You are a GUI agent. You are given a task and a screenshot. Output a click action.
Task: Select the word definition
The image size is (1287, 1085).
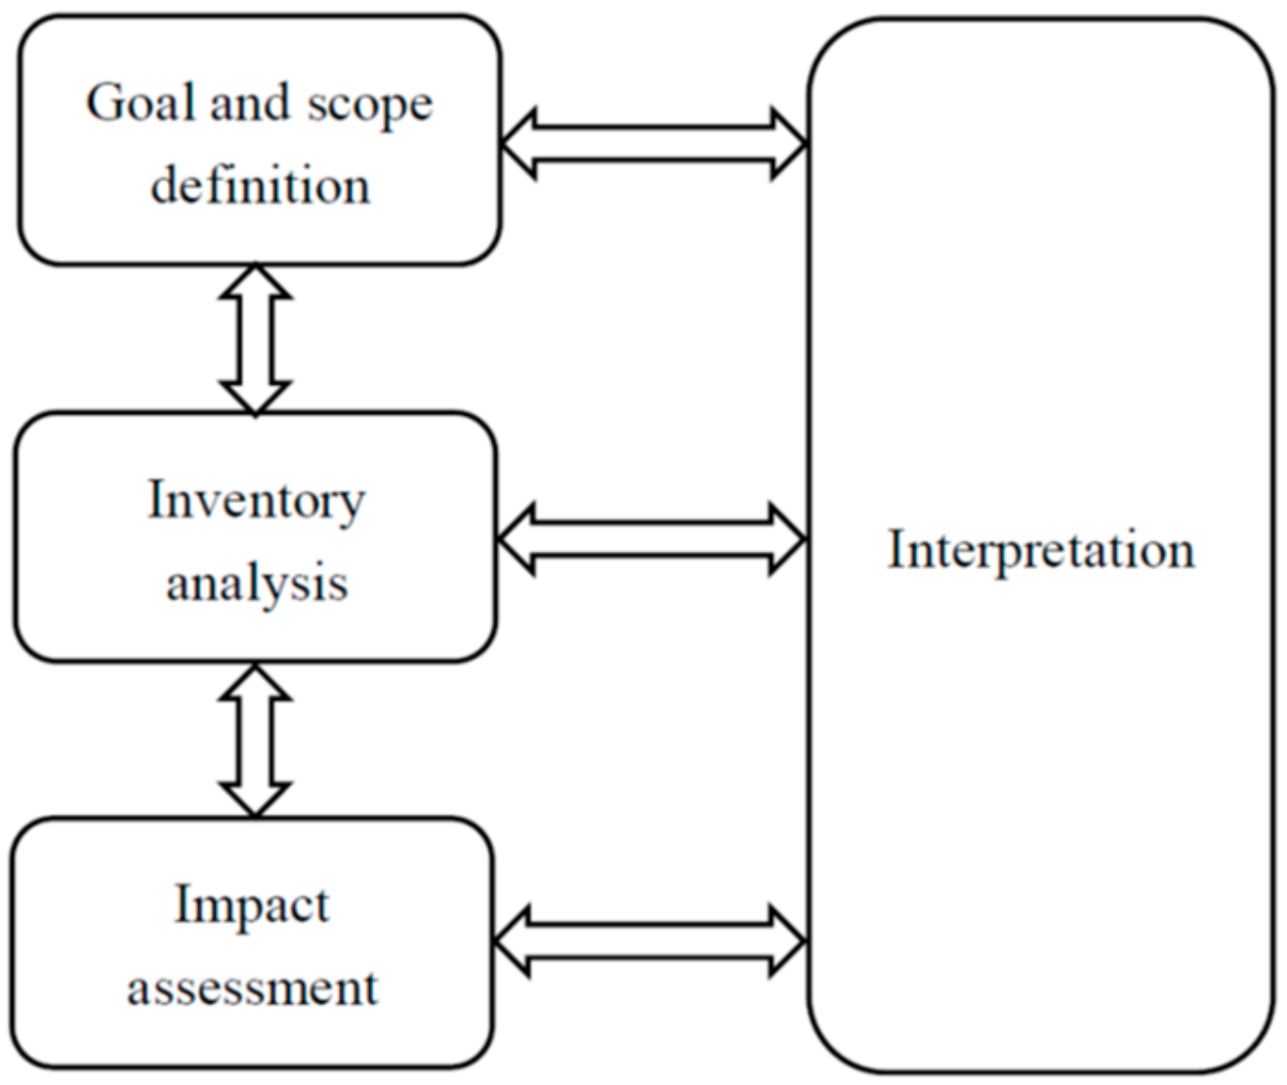coord(260,185)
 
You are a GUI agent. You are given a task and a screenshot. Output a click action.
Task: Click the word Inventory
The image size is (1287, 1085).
coord(256,500)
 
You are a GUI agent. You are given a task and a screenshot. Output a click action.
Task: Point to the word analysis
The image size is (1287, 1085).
coord(256,583)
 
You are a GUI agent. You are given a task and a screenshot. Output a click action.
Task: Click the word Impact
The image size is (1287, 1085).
coord(251,905)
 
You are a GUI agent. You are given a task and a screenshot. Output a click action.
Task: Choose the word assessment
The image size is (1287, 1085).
coord(251,987)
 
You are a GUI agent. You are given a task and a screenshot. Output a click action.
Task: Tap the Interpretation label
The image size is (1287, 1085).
coord(1040,549)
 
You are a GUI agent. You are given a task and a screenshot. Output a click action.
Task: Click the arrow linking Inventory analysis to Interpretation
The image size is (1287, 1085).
coord(651,538)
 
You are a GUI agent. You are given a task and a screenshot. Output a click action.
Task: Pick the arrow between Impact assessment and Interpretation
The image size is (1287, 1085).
coord(649,941)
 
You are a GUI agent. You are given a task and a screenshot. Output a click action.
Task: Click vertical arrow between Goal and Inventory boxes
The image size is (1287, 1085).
coord(256,339)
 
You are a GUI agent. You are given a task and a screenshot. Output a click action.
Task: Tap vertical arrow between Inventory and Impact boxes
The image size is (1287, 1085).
coord(256,740)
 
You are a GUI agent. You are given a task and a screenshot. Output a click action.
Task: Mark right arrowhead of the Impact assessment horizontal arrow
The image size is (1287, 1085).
coord(787,941)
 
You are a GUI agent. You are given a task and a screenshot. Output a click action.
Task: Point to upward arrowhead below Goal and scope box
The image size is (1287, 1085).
coord(256,283)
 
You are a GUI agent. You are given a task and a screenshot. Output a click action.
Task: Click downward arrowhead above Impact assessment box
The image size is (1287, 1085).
coord(256,797)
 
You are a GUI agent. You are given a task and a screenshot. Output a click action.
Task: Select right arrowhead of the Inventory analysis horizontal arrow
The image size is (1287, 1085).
coord(787,538)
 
